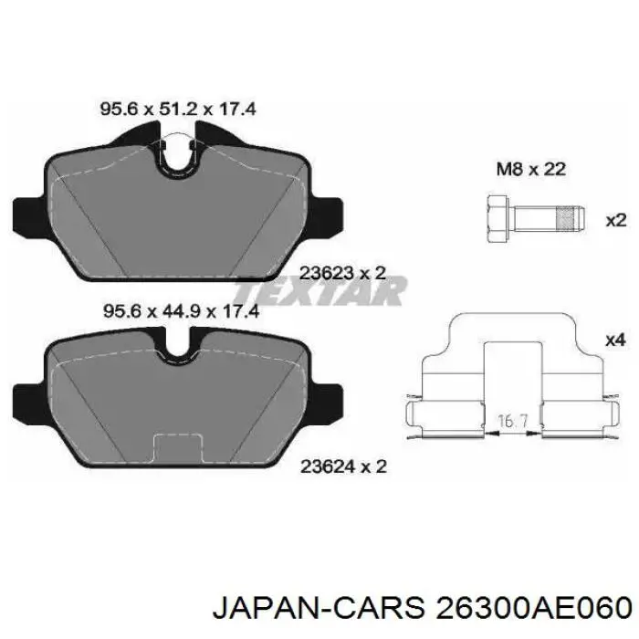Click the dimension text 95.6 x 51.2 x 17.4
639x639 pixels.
[177, 110]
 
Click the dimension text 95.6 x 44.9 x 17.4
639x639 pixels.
[177, 310]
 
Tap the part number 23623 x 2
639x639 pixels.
[343, 270]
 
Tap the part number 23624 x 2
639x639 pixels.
[343, 466]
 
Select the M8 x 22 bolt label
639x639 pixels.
[530, 169]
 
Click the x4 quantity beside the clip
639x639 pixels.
[615, 340]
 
